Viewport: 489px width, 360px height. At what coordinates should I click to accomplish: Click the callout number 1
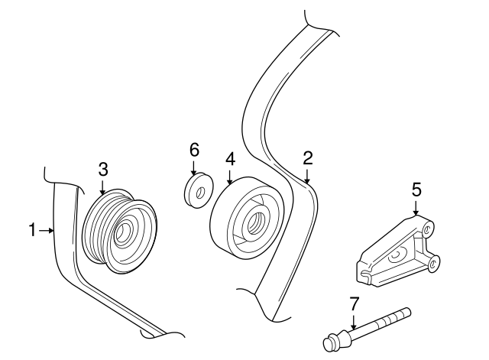click(x=33, y=229)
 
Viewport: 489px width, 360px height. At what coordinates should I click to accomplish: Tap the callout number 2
click(x=307, y=158)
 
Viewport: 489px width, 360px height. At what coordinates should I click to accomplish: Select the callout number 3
click(x=103, y=169)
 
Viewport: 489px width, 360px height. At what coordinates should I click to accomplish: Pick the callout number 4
click(x=229, y=158)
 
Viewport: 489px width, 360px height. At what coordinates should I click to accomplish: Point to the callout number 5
click(x=416, y=188)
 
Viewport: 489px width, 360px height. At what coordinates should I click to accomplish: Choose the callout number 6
click(x=193, y=149)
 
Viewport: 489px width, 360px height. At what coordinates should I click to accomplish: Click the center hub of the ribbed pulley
click(x=125, y=232)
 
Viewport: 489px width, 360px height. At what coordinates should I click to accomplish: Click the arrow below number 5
click(x=416, y=207)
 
